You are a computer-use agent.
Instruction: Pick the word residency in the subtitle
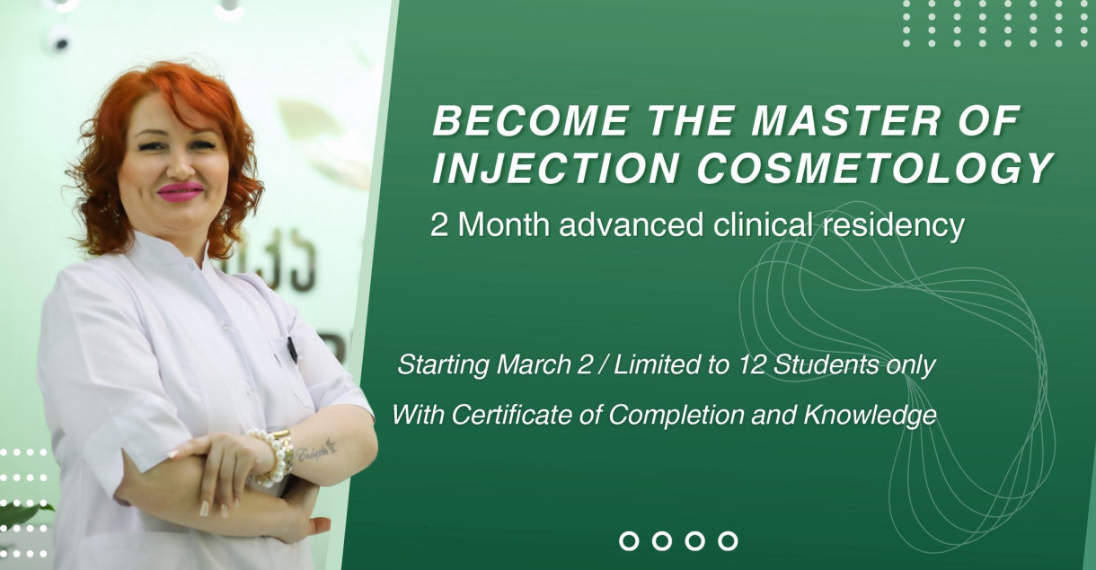tap(894, 225)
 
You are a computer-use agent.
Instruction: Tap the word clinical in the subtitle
tap(764, 225)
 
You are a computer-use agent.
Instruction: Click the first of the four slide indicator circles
tap(630, 540)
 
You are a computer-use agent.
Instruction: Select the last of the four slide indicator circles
tap(729, 540)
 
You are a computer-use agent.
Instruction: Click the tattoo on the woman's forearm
tap(315, 449)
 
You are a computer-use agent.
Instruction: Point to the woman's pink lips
tap(181, 192)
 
